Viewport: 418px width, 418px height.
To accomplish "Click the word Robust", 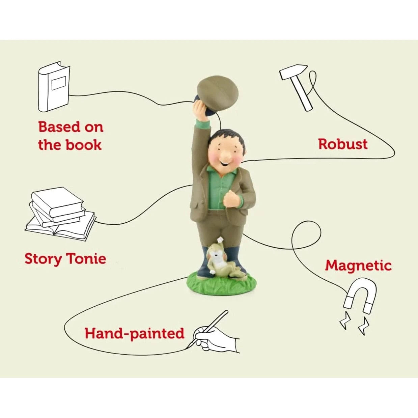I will coord(343,144).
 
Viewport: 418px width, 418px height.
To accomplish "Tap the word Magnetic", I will coord(358,266).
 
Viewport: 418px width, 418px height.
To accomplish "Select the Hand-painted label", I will coord(134,333).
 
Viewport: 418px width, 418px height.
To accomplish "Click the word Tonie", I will coord(86,259).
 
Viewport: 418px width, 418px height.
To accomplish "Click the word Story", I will coord(43,259).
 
